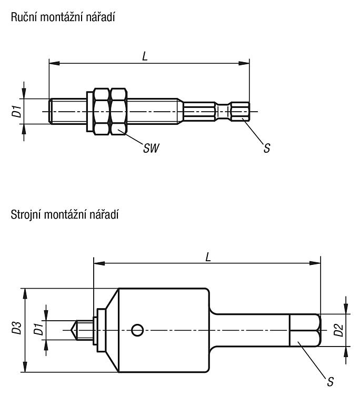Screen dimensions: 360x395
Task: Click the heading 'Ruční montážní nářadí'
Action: pos(63,17)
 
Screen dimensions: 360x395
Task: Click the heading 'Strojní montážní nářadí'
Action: pos(64,215)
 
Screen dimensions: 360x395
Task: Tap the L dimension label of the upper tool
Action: pos(145,56)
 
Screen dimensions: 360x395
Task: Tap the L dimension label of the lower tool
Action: pos(208,257)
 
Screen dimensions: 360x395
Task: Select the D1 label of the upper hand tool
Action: pos(17,111)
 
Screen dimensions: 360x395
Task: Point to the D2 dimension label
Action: pos(338,330)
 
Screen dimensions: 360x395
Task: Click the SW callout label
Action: pos(151,148)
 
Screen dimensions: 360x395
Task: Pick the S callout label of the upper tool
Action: pos(267,148)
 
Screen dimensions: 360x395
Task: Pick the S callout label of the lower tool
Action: pos(331,382)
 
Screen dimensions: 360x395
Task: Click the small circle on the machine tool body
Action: pos(137,330)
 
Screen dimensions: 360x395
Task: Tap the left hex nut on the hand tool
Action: pos(102,111)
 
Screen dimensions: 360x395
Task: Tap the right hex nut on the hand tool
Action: pos(118,111)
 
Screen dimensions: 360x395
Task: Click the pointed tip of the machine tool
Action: pos(71,330)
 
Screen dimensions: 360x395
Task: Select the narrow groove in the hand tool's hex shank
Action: pos(223,111)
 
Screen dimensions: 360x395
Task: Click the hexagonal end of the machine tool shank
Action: pos(305,330)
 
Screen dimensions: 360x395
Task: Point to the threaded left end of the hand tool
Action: pos(68,111)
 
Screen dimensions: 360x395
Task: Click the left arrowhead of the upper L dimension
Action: pos(54,63)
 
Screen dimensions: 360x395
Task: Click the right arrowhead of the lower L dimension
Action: pos(315,263)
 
